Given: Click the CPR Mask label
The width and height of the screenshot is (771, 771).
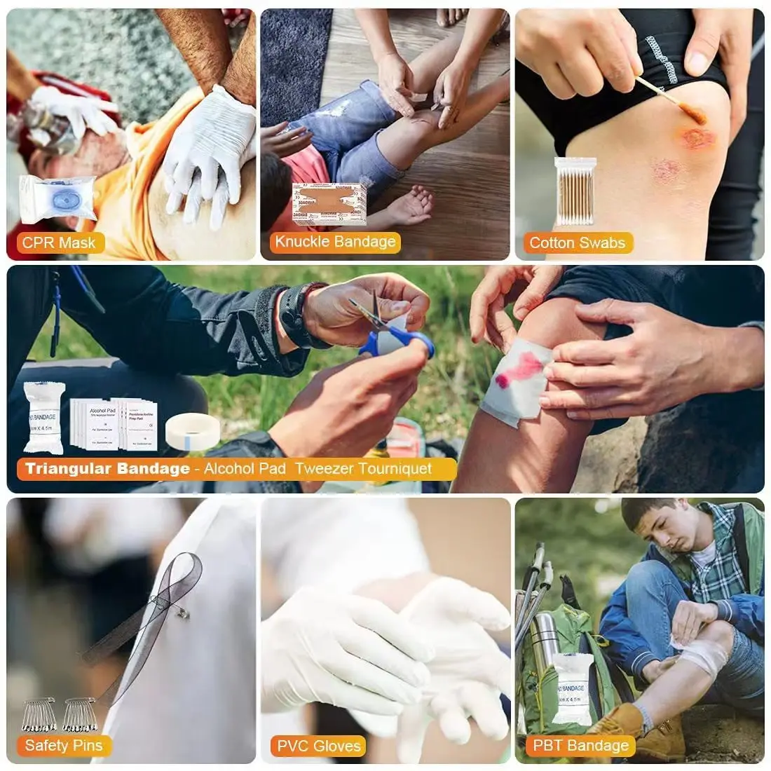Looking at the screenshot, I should point(59,243).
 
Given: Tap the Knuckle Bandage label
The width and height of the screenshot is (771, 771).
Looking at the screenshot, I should point(335,242).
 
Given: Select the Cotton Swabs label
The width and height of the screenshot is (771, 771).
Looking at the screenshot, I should point(577,243).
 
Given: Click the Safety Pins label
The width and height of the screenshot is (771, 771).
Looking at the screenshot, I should point(63,745).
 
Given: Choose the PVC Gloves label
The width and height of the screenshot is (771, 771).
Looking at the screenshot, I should point(319,745).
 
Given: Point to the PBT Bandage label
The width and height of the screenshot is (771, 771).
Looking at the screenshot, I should point(580,745).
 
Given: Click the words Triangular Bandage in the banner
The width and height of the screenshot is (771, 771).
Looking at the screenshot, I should point(107,468).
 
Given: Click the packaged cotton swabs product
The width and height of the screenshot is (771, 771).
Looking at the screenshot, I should point(574,191).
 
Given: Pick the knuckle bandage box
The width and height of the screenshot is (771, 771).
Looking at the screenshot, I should point(329,203).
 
